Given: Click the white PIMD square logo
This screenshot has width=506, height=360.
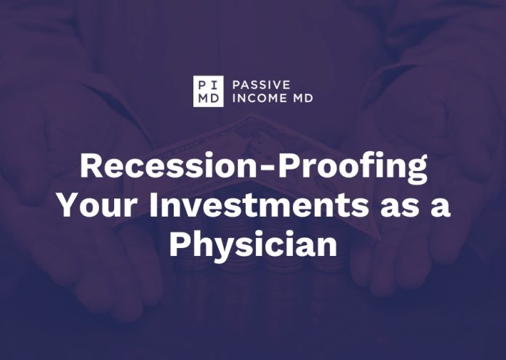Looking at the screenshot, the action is (x=209, y=91).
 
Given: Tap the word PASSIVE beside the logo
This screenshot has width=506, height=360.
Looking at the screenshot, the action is (x=262, y=85).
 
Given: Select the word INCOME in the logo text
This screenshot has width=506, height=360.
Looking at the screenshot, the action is (x=260, y=98).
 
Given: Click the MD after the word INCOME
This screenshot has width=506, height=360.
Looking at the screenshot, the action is (x=302, y=98).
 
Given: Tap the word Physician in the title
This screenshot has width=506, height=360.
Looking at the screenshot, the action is (x=253, y=244).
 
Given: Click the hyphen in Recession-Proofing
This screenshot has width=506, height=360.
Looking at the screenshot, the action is (x=267, y=168).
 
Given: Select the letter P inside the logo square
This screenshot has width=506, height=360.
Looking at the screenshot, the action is (x=201, y=85).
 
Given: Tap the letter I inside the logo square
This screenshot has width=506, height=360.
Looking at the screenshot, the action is (x=215, y=85).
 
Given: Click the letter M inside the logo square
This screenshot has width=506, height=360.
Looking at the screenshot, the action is (x=202, y=98).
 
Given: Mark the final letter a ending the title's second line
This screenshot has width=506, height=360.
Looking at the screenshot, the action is (x=440, y=208).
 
